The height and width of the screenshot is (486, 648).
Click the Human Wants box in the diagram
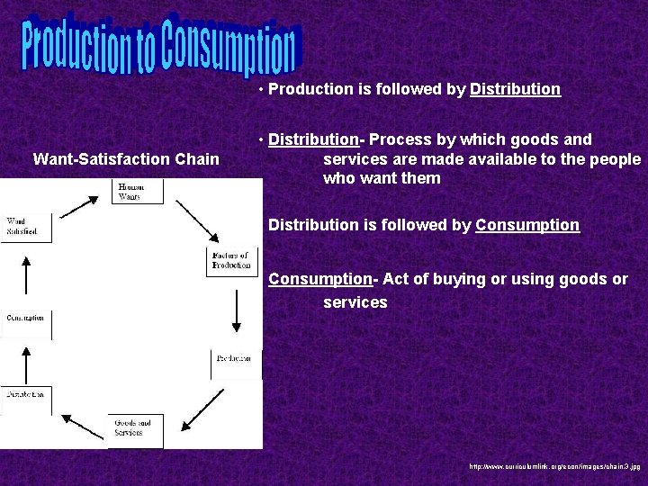127,191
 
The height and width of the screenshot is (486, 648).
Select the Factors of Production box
231,261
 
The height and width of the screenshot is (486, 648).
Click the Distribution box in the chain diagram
25,395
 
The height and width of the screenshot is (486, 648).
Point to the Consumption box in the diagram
25,318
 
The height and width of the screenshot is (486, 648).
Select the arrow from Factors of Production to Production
236,310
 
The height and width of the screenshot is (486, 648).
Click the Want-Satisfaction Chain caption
126,159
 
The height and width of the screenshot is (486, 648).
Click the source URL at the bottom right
553,468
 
